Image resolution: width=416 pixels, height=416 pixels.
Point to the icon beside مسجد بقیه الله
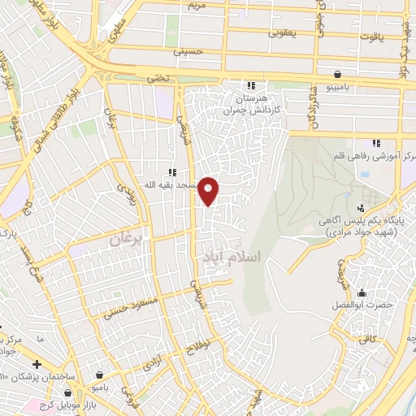click(171, 171)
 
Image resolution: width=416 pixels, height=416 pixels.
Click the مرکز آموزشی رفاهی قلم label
click(375, 155)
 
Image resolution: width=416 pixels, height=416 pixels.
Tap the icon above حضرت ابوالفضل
click(362, 292)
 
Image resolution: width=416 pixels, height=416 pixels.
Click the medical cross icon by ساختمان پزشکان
click(37, 363)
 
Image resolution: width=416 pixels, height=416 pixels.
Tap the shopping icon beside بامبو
click(99, 375)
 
